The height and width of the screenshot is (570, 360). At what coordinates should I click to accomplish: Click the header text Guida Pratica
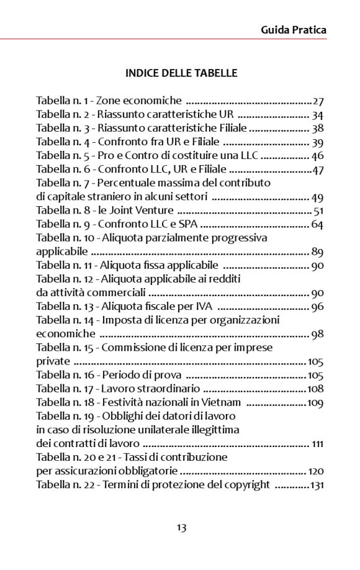[293, 30]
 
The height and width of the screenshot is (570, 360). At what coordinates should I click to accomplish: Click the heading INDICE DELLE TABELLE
[181, 73]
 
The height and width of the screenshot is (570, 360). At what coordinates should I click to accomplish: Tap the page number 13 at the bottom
[181, 528]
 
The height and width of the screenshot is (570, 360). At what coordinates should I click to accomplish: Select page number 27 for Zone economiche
[318, 101]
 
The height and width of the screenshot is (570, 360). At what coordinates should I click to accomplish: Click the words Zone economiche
[138, 101]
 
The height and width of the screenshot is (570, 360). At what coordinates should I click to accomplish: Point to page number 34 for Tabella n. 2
[318, 115]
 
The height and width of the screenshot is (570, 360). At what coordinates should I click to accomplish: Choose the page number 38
[318, 129]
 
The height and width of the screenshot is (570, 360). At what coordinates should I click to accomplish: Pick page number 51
[318, 211]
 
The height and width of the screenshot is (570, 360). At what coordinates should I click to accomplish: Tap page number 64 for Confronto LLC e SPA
[318, 225]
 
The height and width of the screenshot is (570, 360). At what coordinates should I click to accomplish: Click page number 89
[318, 252]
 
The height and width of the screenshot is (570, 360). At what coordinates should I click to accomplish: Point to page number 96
[318, 307]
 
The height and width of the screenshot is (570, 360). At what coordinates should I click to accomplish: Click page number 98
[318, 334]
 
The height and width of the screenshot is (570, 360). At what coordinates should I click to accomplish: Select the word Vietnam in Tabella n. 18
[223, 402]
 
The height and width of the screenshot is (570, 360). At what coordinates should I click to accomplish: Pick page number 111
[318, 444]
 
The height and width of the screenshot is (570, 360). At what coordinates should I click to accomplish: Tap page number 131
[317, 485]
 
